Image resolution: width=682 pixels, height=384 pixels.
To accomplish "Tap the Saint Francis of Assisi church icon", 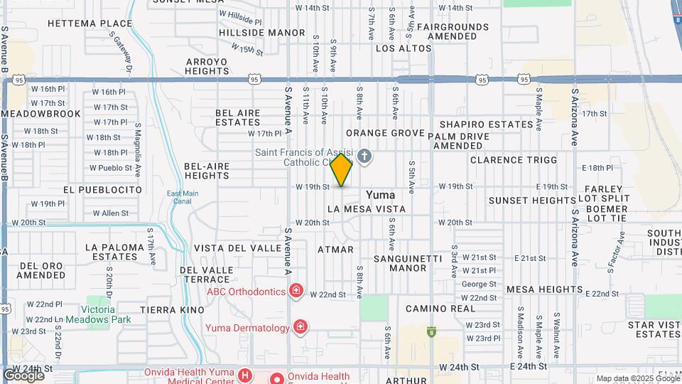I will click(364, 156).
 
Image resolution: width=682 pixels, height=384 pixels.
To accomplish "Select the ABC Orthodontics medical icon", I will click(296, 290).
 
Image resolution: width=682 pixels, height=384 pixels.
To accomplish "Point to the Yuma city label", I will click(380, 195).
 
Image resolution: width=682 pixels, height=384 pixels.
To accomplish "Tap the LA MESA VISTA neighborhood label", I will click(367, 210).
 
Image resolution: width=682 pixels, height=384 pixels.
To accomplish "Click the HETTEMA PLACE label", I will click(90, 23).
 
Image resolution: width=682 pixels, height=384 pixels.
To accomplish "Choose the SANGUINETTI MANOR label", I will click(399, 263).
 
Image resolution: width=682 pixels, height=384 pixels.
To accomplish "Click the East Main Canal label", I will click(183, 197).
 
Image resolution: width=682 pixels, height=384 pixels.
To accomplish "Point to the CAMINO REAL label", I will click(440, 309).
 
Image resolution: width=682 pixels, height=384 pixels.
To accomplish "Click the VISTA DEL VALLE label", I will click(237, 248).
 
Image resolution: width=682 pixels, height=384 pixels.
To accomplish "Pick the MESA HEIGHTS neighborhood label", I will click(546, 289).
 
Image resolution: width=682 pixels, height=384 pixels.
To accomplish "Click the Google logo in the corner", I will click(23, 375).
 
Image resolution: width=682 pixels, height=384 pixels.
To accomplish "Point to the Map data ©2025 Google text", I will click(638, 378).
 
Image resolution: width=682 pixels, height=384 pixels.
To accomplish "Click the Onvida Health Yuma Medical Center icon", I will click(244, 375).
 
